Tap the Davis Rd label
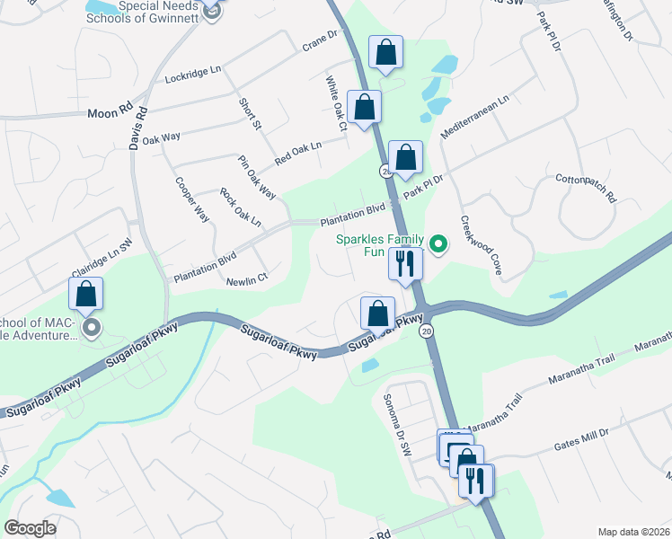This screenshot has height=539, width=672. [x=140, y=128]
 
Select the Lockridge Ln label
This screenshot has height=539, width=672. [x=193, y=75]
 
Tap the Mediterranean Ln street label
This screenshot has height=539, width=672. [x=474, y=116]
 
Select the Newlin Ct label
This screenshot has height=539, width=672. [x=247, y=280]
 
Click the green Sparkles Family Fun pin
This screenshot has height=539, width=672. [x=438, y=243]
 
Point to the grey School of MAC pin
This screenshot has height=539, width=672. [x=90, y=328]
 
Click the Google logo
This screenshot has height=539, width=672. [x=30, y=527]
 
